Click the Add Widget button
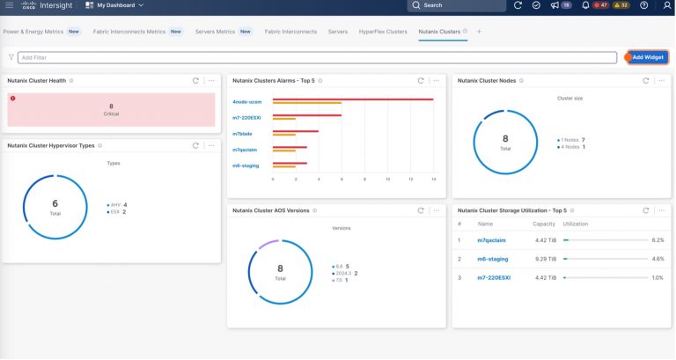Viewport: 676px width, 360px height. tap(648, 57)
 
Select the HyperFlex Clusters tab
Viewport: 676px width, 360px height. tap(383, 32)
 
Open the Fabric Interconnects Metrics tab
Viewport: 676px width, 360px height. tap(130, 32)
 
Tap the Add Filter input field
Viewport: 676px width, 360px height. tap(317, 57)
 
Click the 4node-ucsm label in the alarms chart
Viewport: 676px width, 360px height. tap(246, 101)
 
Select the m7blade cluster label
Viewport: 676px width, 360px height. tap(242, 133)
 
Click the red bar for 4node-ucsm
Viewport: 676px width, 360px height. tap(352, 99)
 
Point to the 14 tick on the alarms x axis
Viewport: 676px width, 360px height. tap(434, 179)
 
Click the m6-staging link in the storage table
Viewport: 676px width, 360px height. tap(492, 259)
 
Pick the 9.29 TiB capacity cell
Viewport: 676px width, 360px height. tap(544, 259)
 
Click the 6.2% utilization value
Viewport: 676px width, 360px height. tap(658, 239)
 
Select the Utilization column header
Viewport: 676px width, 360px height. tap(575, 224)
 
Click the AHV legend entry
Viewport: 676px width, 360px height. tap(115, 204)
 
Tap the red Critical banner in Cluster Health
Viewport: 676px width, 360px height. tap(110, 110)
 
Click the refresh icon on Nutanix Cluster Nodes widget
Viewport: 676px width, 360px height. tap(646, 80)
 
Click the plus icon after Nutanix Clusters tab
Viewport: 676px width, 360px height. tap(480, 32)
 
